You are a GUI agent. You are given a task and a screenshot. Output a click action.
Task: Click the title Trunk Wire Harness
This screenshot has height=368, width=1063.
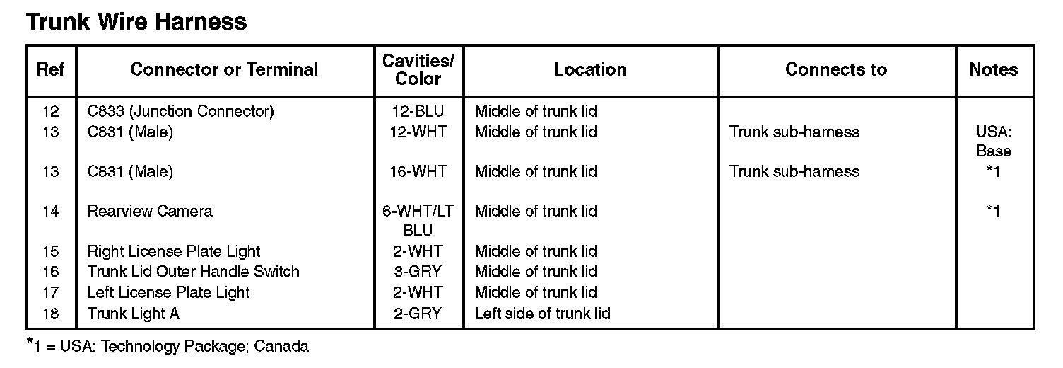point(136,22)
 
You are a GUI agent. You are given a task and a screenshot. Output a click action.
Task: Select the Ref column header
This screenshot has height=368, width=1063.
point(51,69)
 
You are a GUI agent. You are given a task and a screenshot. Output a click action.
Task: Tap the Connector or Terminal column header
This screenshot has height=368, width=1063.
point(224,69)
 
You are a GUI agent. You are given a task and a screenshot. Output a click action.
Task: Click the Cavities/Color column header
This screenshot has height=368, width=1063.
point(418,69)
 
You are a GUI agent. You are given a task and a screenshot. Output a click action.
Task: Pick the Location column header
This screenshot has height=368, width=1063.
point(589,69)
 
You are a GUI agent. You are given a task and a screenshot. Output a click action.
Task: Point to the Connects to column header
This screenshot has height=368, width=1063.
point(835,69)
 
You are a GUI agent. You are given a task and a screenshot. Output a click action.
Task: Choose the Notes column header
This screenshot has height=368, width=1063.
point(993,69)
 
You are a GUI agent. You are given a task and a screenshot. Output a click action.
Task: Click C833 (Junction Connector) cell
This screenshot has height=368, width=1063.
point(180,111)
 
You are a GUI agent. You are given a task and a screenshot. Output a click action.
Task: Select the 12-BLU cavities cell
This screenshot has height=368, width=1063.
point(418,111)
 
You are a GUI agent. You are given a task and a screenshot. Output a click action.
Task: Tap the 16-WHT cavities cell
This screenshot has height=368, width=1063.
point(418,171)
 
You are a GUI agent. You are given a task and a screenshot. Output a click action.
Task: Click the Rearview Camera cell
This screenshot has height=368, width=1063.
point(149,211)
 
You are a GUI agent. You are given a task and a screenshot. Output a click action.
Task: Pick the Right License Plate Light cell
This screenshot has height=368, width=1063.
point(174,251)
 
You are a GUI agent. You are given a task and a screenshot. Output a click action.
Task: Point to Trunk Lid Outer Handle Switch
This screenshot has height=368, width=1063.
point(193,271)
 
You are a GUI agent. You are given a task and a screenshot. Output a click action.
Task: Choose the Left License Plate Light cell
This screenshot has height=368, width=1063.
point(168,292)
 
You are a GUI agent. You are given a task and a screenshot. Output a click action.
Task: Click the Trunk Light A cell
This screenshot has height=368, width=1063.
point(133,313)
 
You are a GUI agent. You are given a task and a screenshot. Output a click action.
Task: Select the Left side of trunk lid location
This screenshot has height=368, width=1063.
point(543,313)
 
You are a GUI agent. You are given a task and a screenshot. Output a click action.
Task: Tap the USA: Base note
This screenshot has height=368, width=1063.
point(993,141)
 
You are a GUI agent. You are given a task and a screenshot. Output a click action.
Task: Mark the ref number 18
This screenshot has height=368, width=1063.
point(51,313)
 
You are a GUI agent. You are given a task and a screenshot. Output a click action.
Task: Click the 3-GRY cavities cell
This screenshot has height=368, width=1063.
point(418,271)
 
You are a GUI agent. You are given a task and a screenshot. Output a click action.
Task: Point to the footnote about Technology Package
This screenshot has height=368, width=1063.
point(168,346)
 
